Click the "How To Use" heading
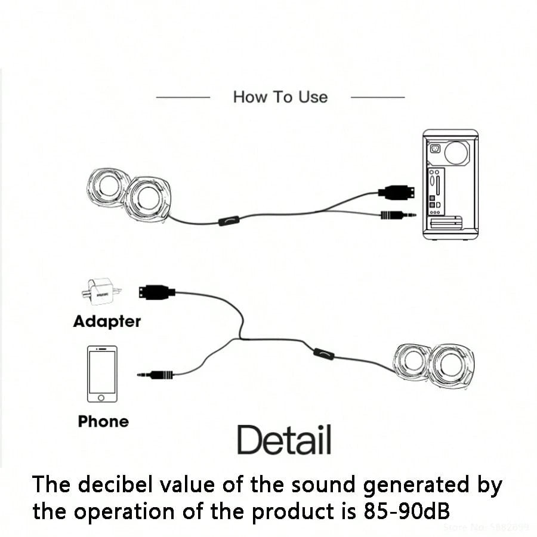280,97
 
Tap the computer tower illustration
450,184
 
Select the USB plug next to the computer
395,192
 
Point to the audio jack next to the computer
397,214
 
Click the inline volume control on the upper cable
228,221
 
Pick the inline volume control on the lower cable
324,354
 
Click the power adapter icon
101,292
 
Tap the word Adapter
107,322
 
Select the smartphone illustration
102,374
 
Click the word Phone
103,421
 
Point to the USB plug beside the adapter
157,292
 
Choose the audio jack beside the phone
156,375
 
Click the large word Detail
284,440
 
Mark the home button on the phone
102,397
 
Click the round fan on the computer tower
457,152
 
